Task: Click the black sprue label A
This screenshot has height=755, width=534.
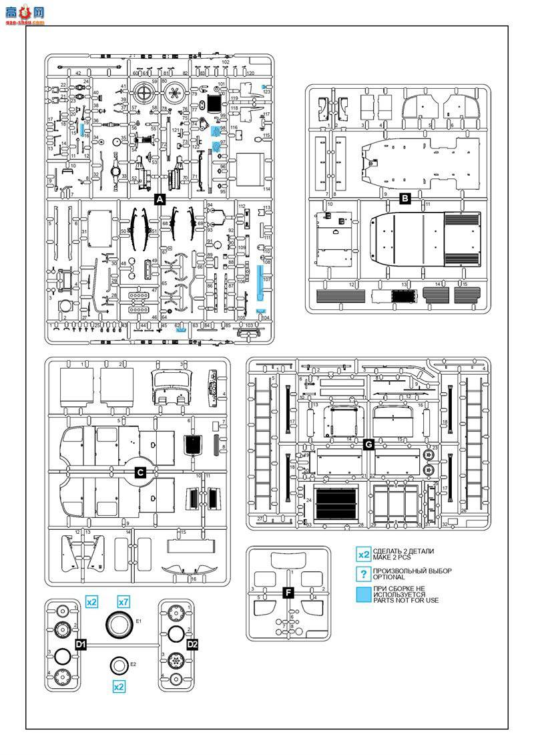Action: (x=160, y=199)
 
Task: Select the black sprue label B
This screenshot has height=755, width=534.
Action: (x=405, y=198)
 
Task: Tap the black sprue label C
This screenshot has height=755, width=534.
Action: (x=140, y=472)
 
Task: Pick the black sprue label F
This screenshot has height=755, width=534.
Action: (x=288, y=592)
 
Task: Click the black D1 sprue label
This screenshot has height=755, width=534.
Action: (x=81, y=644)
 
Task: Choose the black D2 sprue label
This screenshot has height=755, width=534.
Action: (x=192, y=644)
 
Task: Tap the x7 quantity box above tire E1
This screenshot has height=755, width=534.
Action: (x=123, y=601)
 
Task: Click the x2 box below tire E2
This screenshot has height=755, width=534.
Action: (x=119, y=686)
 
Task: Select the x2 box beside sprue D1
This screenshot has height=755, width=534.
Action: (x=92, y=601)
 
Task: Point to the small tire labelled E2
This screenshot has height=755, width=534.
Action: (x=119, y=665)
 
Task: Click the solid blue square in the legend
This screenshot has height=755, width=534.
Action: (x=364, y=595)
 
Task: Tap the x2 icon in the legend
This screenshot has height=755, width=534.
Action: (x=364, y=555)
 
